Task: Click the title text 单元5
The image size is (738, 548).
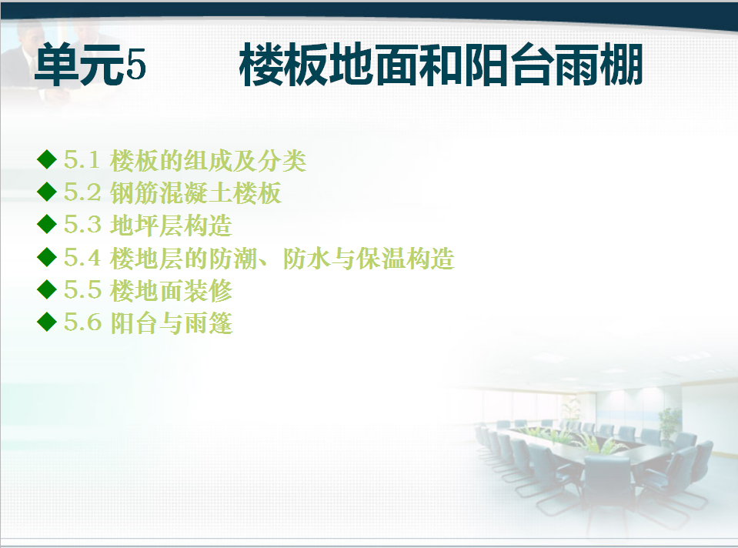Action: click(x=90, y=65)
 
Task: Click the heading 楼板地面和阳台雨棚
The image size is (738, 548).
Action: click(x=441, y=65)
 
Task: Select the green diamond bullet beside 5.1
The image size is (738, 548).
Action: click(x=47, y=159)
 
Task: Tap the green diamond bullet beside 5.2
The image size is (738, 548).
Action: click(x=47, y=192)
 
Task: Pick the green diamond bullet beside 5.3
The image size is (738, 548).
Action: click(x=47, y=224)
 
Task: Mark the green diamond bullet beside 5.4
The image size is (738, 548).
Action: click(x=47, y=257)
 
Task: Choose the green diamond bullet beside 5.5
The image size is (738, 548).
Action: click(x=47, y=289)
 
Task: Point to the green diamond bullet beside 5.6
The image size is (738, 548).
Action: click(x=47, y=322)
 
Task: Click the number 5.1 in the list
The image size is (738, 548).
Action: click(x=82, y=160)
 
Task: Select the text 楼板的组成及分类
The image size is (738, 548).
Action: click(x=208, y=161)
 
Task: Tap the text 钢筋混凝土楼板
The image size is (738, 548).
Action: click(x=195, y=193)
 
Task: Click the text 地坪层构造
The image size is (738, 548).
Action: click(x=171, y=226)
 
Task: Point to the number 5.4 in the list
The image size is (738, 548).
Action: click(x=82, y=258)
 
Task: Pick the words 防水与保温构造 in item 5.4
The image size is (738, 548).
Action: click(x=369, y=259)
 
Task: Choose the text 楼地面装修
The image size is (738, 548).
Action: click(x=171, y=291)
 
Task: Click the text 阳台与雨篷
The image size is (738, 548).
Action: click(x=171, y=323)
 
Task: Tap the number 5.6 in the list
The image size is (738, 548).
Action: click(x=82, y=323)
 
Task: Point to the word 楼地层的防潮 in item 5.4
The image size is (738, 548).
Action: click(x=184, y=259)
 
